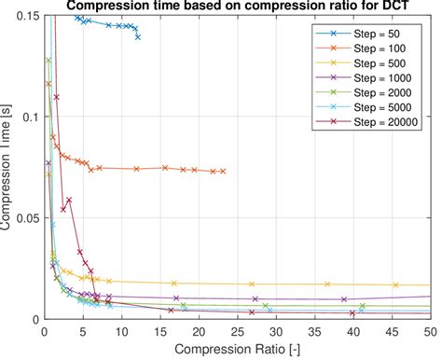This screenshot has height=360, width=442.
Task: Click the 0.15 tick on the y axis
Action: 25,17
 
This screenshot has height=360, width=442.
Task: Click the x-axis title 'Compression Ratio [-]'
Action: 237,349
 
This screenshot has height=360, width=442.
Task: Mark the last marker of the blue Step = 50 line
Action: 138,37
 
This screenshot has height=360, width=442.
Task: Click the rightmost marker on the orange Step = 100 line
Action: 224,172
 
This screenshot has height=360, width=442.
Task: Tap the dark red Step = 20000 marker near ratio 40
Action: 352,313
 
